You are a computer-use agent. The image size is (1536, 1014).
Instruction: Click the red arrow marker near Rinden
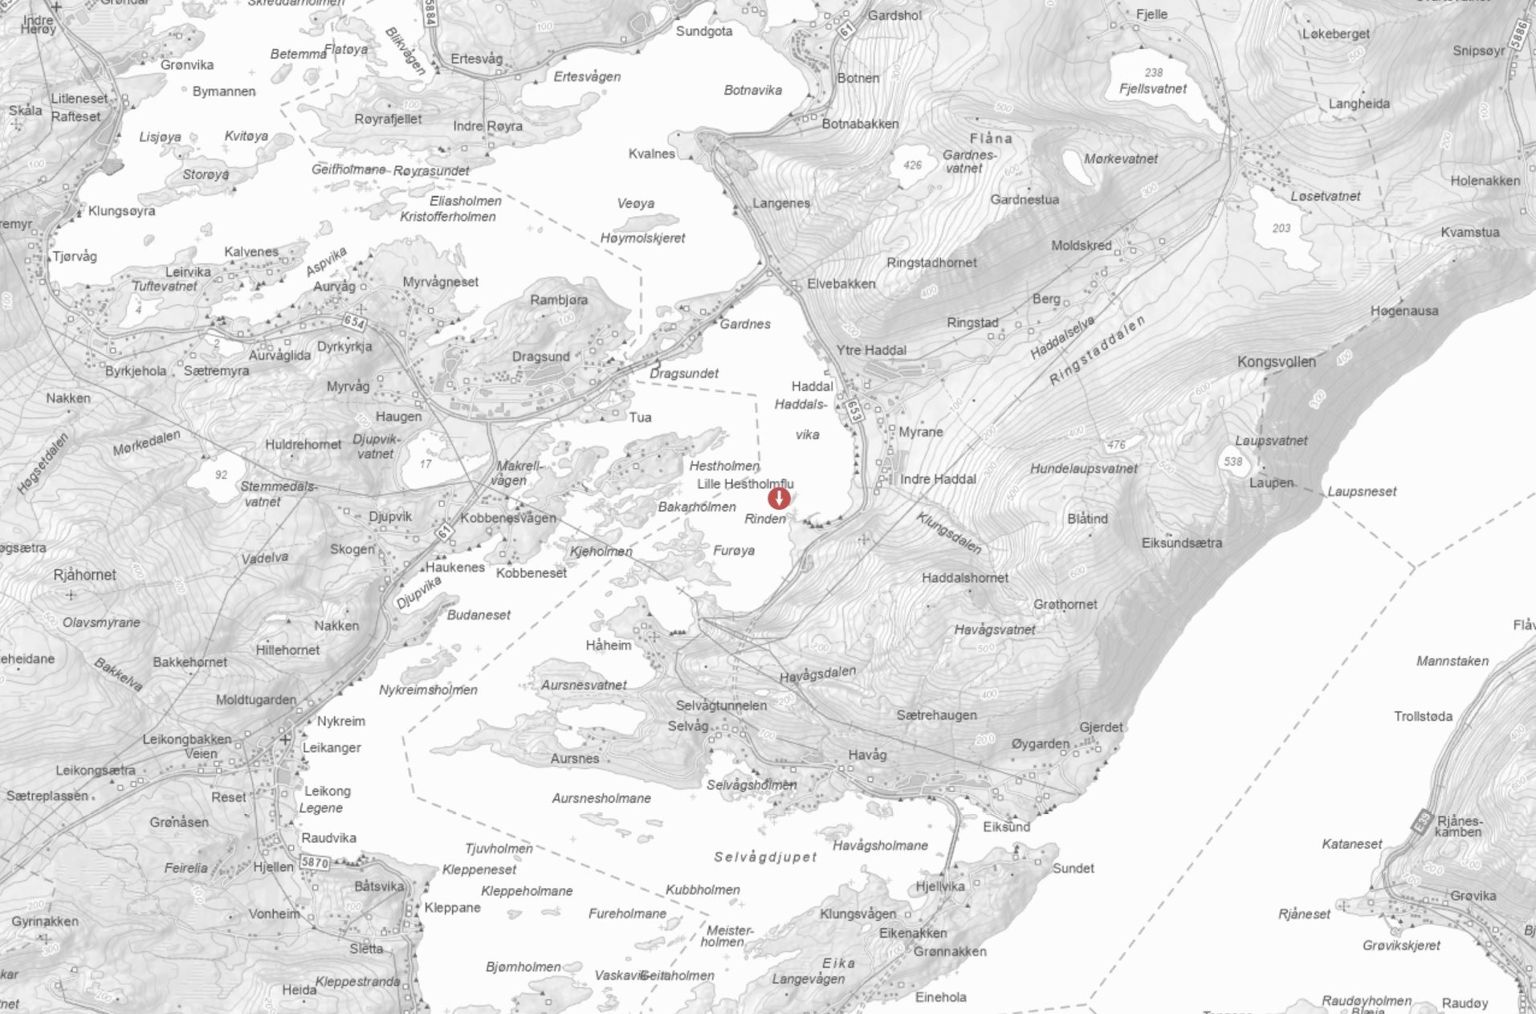[779, 499]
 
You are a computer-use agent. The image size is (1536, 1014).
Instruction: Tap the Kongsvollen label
[1276, 362]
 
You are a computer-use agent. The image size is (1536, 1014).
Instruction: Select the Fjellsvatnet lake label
[1153, 89]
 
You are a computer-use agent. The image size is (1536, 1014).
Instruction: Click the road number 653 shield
[854, 410]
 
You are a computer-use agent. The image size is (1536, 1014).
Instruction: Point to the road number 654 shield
[354, 322]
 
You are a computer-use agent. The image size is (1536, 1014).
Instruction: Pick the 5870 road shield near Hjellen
[314, 862]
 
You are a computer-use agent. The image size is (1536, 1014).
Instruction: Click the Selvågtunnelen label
[721, 706]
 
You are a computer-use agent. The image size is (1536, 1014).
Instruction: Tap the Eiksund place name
[1006, 827]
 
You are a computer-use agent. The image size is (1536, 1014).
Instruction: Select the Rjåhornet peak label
[84, 575]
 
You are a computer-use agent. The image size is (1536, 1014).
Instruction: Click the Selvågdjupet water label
[765, 857]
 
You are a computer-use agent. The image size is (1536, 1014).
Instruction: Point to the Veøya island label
[636, 204]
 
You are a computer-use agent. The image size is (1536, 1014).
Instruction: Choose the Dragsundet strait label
[684, 373]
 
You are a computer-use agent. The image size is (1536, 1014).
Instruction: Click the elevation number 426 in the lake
[912, 165]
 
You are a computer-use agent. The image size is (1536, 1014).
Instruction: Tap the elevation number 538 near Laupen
[1232, 462]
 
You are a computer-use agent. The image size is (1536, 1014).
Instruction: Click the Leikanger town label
[332, 748]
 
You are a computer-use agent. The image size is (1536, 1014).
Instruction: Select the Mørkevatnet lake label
[1121, 159]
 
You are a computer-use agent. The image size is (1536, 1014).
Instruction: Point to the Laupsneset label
[1362, 491]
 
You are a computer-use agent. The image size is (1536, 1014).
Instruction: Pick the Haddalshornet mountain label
[965, 578]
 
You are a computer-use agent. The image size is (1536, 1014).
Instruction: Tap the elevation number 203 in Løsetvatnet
[1281, 228]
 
